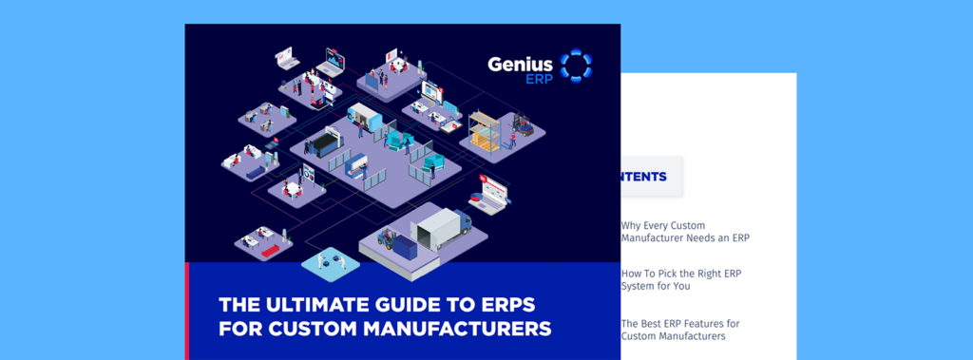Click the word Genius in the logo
coord(521,65)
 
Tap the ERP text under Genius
coord(539,80)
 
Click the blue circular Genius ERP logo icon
coord(576,66)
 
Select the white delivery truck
coord(437,228)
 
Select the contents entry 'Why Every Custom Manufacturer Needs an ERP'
coord(684,231)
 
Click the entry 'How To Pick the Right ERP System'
coord(680,279)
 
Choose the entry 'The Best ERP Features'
coord(679,330)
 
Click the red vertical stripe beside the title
coord(187,312)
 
